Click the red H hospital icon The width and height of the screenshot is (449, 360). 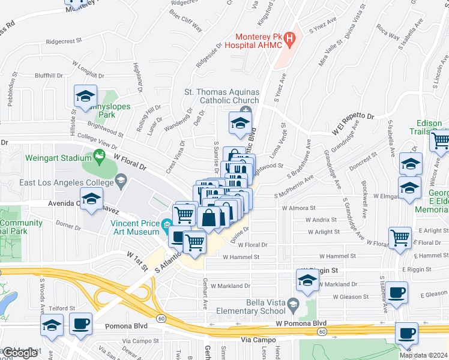tap(291, 40)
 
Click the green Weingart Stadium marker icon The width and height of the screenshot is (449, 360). tap(100, 158)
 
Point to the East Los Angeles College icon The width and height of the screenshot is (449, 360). tap(121, 179)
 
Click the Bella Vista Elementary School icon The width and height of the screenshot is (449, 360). tap(292, 304)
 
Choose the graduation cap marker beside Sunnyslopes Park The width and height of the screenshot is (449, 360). tap(85, 96)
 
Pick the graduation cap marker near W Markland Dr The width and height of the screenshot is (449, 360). tap(308, 280)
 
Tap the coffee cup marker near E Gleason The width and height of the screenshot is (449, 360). tap(396, 293)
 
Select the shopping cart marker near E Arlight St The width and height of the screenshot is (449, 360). tap(400, 238)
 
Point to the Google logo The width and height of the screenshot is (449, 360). tap(20, 353)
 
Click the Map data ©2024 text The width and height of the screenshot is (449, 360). tap(424, 355)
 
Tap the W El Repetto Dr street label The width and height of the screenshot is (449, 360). tap(354, 124)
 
